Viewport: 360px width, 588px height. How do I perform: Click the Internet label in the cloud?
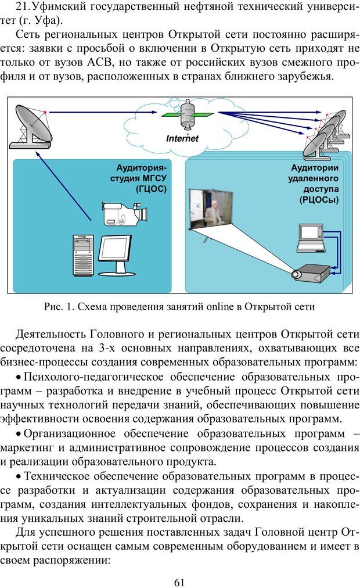[182, 138]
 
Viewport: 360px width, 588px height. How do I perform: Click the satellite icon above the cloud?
[187, 111]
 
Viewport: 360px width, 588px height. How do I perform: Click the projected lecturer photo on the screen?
[211, 209]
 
